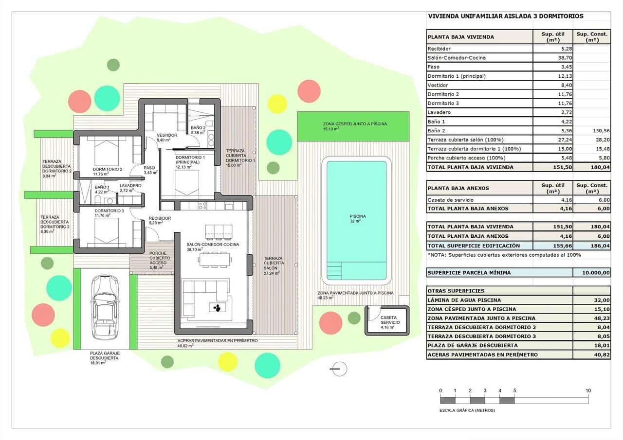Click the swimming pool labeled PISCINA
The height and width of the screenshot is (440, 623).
356,219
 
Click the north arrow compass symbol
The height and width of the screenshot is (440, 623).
339,369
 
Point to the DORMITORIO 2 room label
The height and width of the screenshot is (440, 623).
108,169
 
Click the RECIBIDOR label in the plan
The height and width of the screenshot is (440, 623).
160,218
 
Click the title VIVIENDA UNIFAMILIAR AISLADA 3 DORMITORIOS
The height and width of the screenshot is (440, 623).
505,16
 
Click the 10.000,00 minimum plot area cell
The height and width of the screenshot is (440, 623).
591,273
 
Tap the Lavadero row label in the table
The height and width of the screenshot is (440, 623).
439,113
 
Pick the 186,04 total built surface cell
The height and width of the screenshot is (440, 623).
591,246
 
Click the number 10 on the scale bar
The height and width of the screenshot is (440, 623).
588,390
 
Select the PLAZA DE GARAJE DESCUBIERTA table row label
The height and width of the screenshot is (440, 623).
472,346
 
